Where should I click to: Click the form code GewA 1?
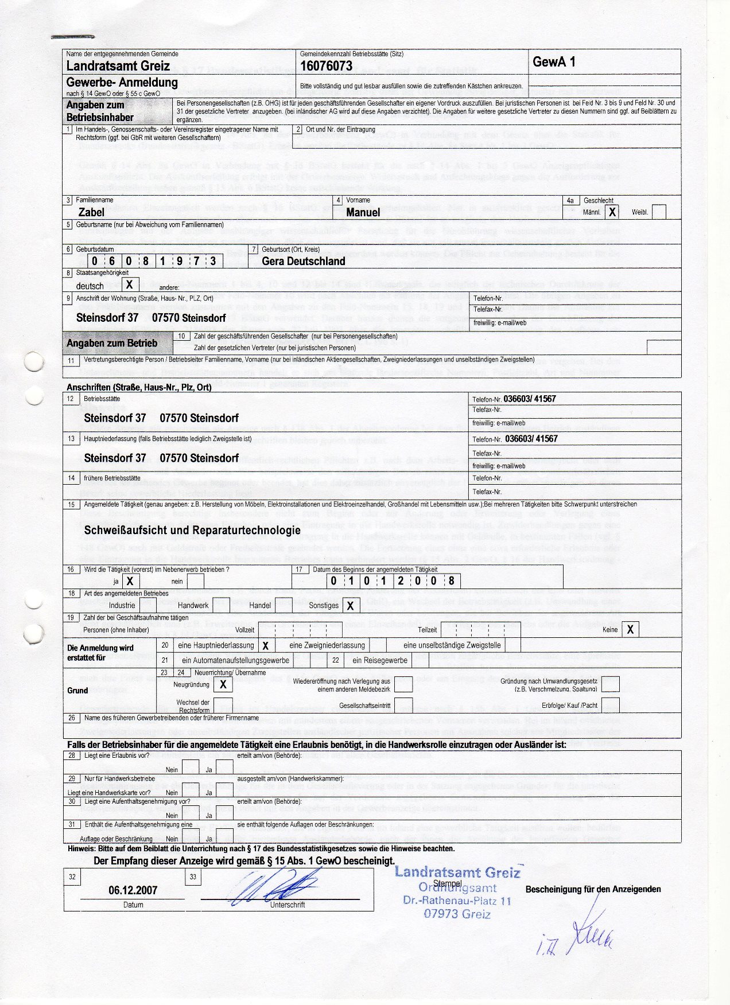554,63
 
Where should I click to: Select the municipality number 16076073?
326,66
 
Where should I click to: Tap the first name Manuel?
363,213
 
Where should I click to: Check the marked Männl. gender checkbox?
612,212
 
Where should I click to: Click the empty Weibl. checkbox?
659,212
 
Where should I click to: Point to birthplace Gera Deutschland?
303,262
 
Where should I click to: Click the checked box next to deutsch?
130,285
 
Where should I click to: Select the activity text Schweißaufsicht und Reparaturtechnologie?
192,530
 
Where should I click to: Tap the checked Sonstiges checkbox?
350,606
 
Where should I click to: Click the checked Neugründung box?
223,684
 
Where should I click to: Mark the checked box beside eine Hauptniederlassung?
265,646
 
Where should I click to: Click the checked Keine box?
630,630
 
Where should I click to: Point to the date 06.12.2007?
133,890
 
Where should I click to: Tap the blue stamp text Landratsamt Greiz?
457,872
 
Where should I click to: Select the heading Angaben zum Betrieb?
112,343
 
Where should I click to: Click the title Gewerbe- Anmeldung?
122,82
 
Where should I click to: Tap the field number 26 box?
72,718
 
